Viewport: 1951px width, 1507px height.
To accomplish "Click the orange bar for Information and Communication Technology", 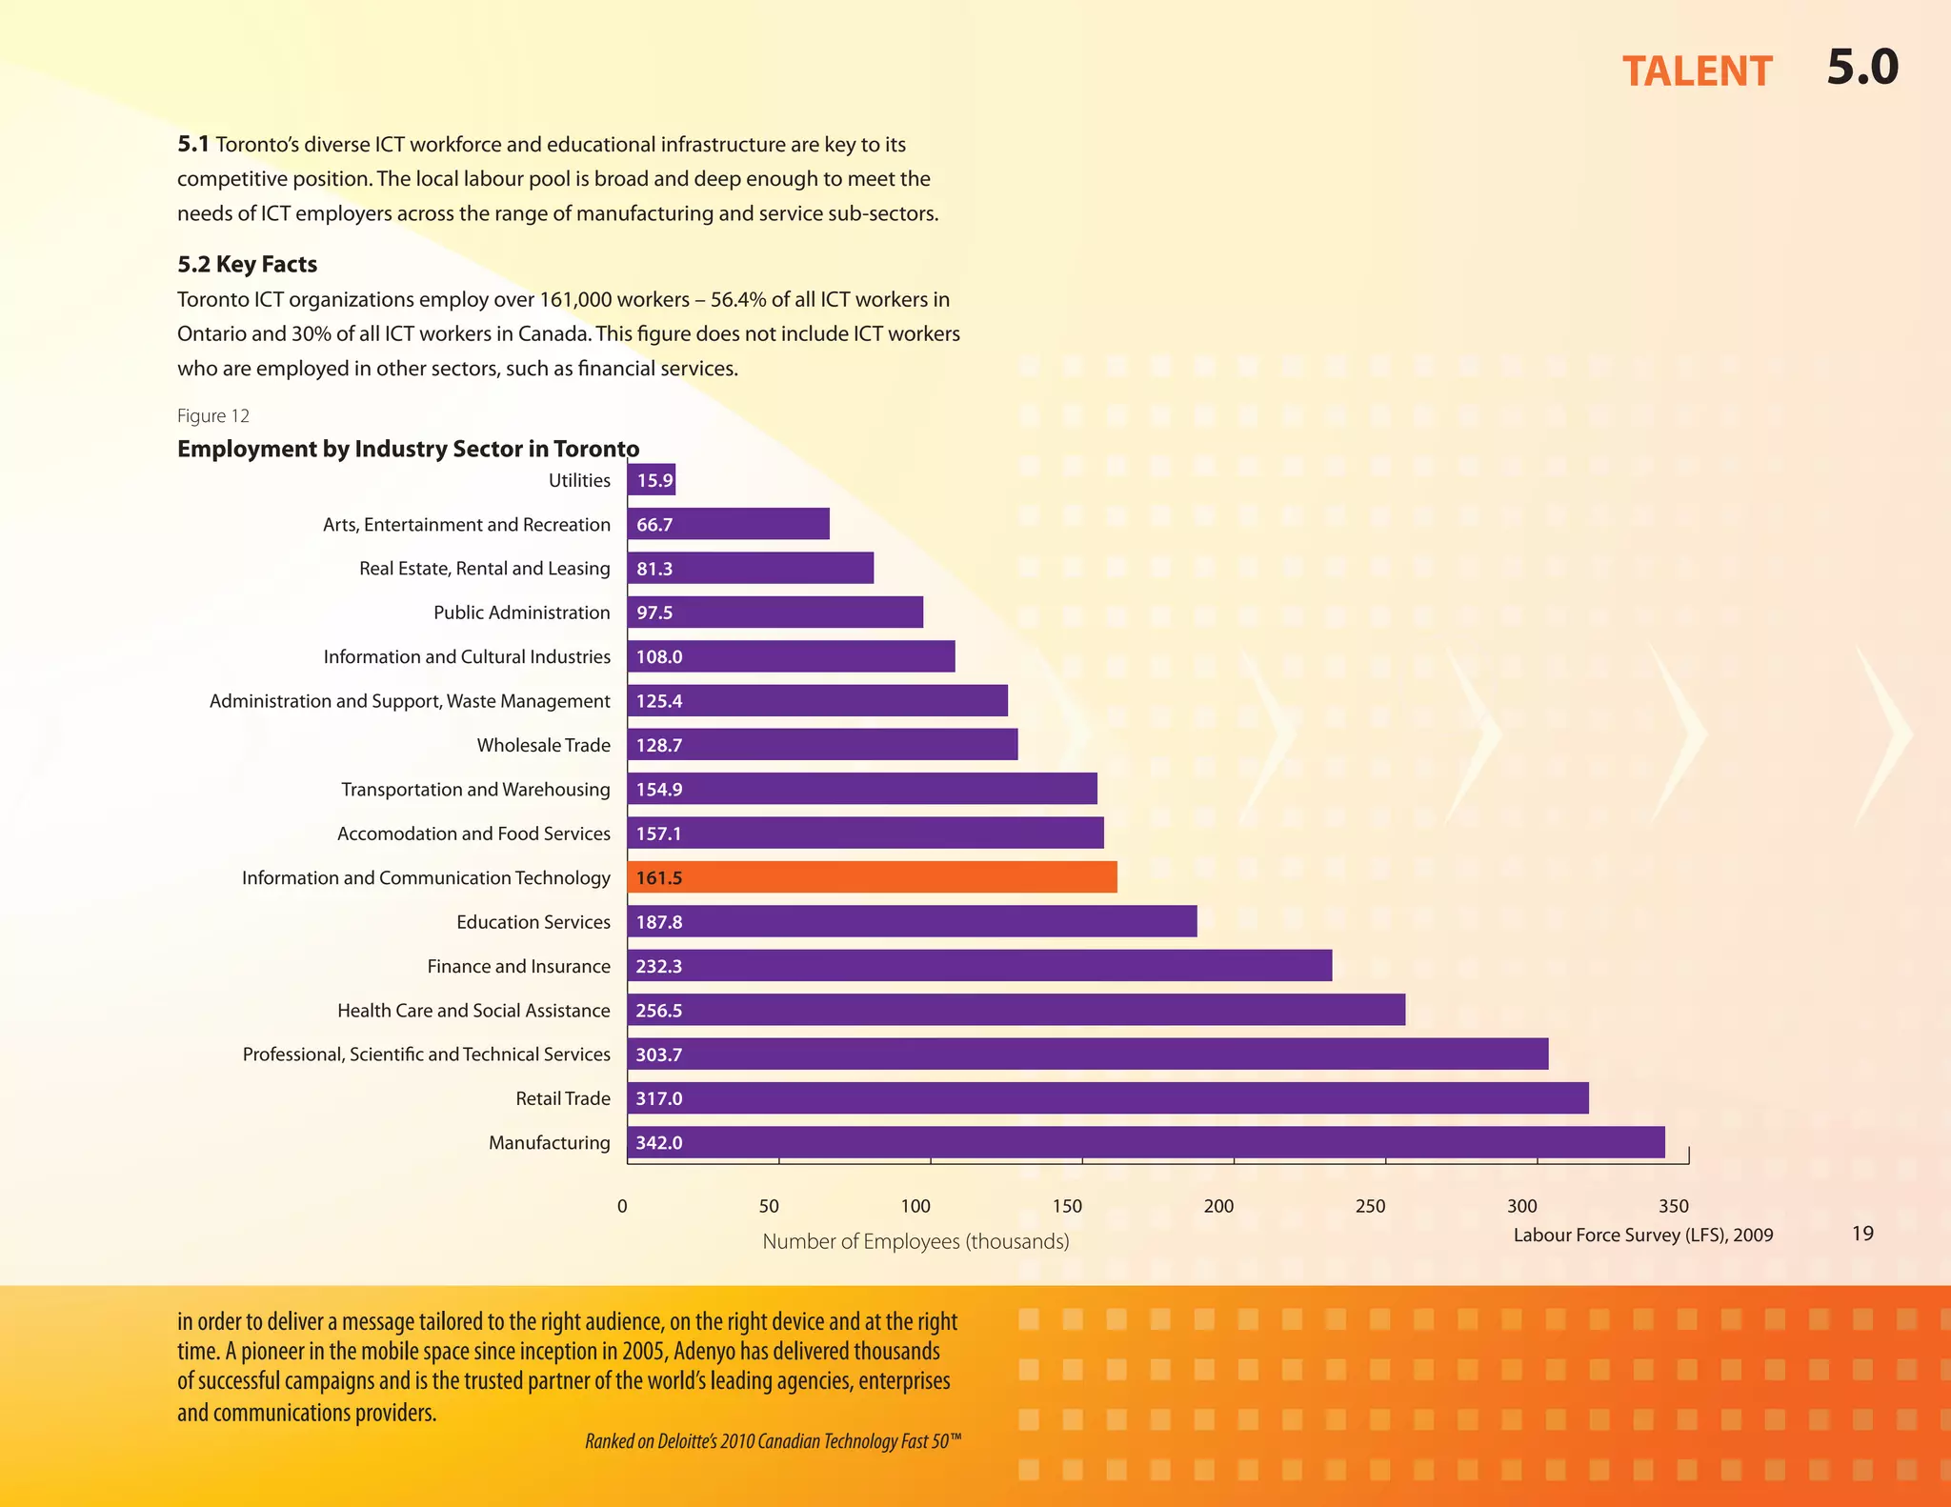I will pyautogui.click(x=872, y=877).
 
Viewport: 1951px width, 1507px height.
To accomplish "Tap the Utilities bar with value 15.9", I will pyautogui.click(x=652, y=480).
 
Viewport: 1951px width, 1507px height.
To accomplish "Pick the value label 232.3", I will pyautogui.click(x=659, y=966).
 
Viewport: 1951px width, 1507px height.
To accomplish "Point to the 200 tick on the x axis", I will pyautogui.click(x=1218, y=1206).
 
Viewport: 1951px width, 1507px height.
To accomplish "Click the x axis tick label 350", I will pyautogui.click(x=1673, y=1206).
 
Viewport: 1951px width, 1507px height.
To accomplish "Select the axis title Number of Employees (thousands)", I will pyautogui.click(x=915, y=1241).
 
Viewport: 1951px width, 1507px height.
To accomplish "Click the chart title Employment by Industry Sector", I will pyautogui.click(x=408, y=449).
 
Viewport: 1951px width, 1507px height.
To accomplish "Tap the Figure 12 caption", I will pyautogui.click(x=213, y=415).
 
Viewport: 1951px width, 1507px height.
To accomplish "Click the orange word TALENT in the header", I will pyautogui.click(x=1697, y=71).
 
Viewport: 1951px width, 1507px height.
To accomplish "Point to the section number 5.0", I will pyautogui.click(x=1862, y=68).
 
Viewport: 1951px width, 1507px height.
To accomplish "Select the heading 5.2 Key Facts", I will pyautogui.click(x=247, y=264).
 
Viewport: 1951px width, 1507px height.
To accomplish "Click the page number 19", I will pyautogui.click(x=1862, y=1234).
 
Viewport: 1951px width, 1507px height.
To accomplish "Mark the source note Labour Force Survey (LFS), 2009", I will pyautogui.click(x=1643, y=1236).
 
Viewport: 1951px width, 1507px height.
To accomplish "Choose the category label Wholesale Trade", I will pyautogui.click(x=543, y=745).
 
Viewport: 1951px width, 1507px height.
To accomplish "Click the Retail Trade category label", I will pyautogui.click(x=562, y=1098).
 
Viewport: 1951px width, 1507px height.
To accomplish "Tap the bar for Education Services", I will pyautogui.click(x=912, y=921).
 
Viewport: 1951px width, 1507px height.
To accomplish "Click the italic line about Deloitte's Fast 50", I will pyautogui.click(x=773, y=1441).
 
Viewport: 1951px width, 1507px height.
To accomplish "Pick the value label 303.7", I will pyautogui.click(x=659, y=1055).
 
